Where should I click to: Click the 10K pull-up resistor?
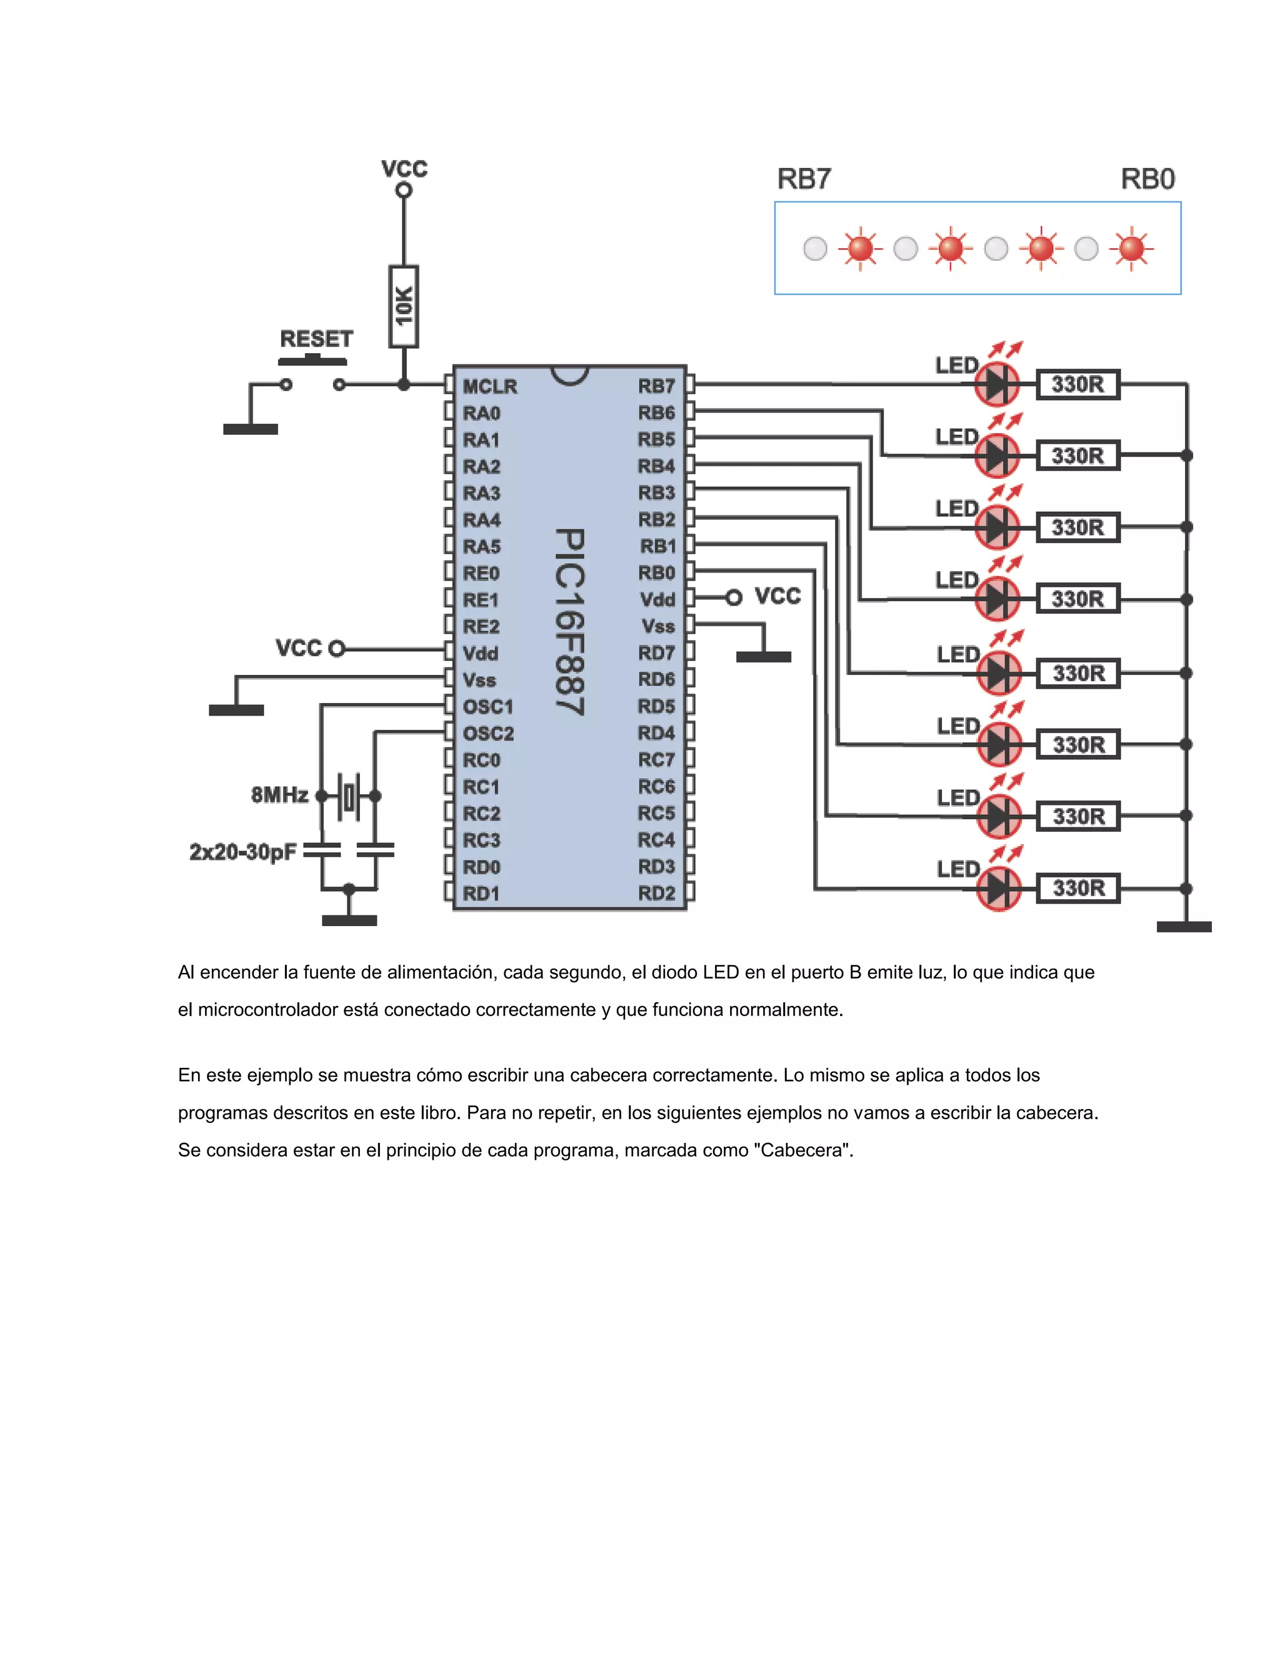(403, 306)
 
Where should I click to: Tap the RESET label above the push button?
(316, 339)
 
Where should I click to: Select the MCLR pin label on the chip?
(489, 387)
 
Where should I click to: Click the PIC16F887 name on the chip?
(569, 622)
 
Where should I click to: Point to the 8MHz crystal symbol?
(349, 796)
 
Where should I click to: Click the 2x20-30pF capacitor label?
(242, 852)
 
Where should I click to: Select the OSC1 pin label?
(487, 707)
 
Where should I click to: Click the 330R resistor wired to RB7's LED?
(1077, 384)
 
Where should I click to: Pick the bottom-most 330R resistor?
(1077, 888)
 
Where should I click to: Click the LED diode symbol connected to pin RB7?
(997, 384)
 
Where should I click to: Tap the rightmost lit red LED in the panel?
(1131, 248)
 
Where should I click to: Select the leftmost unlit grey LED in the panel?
(815, 249)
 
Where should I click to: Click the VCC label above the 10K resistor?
(404, 168)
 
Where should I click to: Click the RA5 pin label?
(481, 547)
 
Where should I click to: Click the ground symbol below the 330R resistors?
(1184, 927)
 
